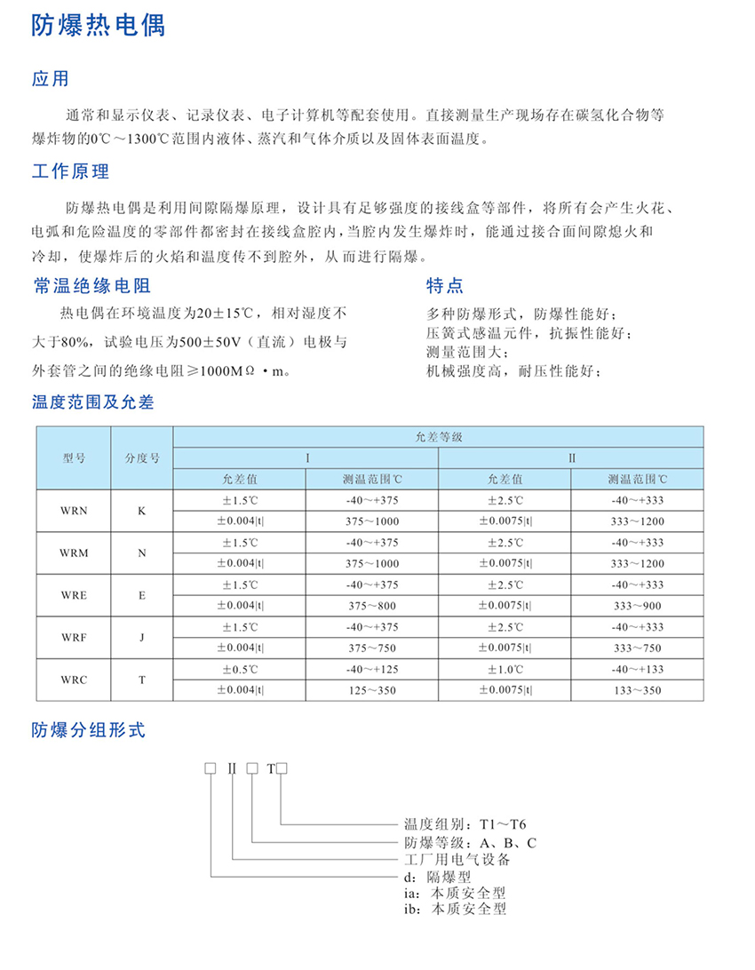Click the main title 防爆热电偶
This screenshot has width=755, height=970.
click(99, 26)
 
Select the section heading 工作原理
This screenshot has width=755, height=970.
click(70, 171)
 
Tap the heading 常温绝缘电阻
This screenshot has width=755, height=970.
click(91, 285)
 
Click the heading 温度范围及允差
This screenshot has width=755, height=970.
click(93, 402)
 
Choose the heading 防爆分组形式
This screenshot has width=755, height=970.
click(88, 731)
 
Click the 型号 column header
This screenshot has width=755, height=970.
click(74, 458)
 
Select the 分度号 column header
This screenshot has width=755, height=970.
click(142, 458)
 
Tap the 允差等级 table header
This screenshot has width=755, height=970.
click(439, 437)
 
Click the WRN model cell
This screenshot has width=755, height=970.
click(74, 511)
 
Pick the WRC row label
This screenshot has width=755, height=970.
click(74, 680)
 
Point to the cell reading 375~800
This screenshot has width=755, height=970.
click(371, 605)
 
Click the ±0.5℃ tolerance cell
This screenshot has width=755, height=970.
click(239, 669)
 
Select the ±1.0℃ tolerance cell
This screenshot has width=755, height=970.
click(505, 669)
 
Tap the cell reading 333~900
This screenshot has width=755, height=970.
click(637, 605)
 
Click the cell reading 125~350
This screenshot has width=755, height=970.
click(371, 689)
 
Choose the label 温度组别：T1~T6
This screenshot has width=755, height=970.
click(465, 824)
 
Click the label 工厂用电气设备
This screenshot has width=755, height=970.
click(457, 859)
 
